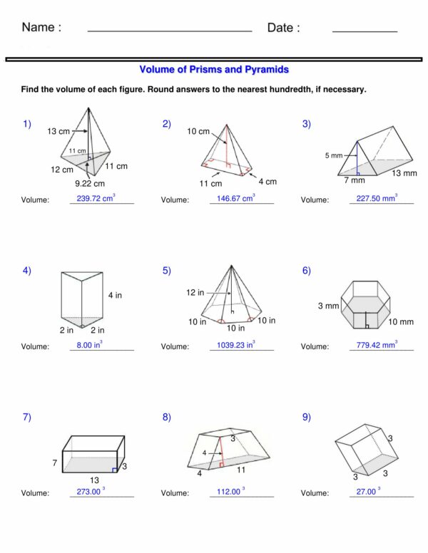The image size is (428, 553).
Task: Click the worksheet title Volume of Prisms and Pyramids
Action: [x=214, y=70]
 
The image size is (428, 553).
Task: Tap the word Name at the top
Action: [x=41, y=28]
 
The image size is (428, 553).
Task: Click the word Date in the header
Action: [x=283, y=28]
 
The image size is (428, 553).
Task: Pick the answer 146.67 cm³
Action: [x=235, y=198]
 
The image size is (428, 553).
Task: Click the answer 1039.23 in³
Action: [x=235, y=346]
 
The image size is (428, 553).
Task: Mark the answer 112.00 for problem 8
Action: [x=230, y=492]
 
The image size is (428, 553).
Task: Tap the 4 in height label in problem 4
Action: [x=115, y=295]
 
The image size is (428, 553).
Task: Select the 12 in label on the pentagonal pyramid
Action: [x=195, y=293]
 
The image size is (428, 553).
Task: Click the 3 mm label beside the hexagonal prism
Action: [x=328, y=306]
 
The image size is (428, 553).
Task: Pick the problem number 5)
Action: [x=166, y=270]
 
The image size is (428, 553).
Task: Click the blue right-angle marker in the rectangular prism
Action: [x=114, y=470]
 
